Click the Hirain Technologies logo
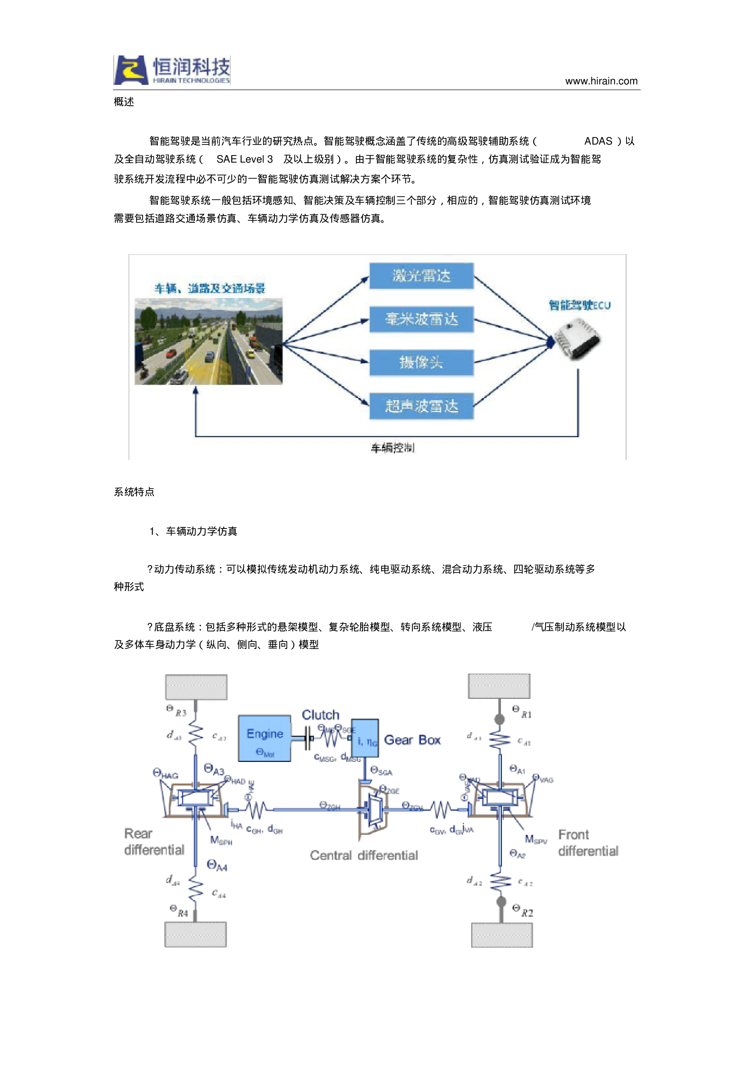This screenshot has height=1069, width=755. pyautogui.click(x=172, y=70)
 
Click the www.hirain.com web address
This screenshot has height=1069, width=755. pyautogui.click(x=601, y=81)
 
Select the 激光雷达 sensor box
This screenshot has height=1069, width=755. pyautogui.click(x=421, y=275)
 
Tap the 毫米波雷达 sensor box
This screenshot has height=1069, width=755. pyautogui.click(x=421, y=319)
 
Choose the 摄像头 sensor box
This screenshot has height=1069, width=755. pyautogui.click(x=421, y=363)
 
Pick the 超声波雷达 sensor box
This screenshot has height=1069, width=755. pyautogui.click(x=421, y=406)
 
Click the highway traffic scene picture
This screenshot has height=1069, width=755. pyautogui.click(x=209, y=341)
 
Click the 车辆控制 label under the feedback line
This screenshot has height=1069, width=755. pyautogui.click(x=392, y=448)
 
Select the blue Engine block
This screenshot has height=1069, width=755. pyautogui.click(x=264, y=738)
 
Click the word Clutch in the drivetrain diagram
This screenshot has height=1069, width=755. pyautogui.click(x=321, y=715)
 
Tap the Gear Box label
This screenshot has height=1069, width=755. pyautogui.click(x=412, y=740)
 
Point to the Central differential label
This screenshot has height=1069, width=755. pyautogui.click(x=364, y=855)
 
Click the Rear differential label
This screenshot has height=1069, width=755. pyautogui.click(x=154, y=842)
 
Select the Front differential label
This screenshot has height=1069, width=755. pyautogui.click(x=588, y=843)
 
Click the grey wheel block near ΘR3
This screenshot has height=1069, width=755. pyautogui.click(x=196, y=687)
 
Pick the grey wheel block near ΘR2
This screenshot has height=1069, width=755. pyautogui.click(x=502, y=934)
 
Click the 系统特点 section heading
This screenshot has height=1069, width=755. pyautogui.click(x=134, y=492)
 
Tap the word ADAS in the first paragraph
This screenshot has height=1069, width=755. pyautogui.click(x=598, y=141)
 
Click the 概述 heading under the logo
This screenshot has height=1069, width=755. pyautogui.click(x=124, y=102)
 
